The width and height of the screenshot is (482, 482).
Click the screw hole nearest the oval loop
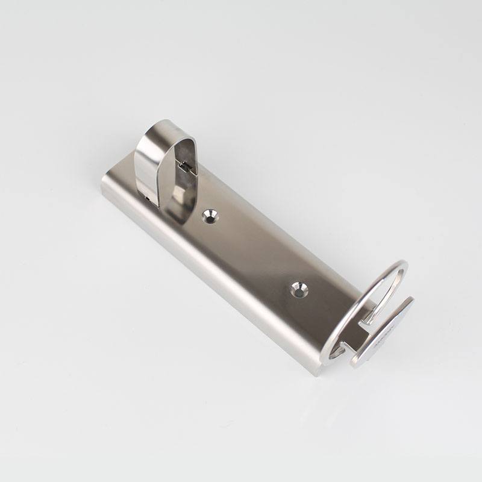(x=210, y=216)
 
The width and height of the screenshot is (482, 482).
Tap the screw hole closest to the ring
(x=297, y=290)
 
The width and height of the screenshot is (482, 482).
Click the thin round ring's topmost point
(x=399, y=262)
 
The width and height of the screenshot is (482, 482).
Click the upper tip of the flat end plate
(x=412, y=299)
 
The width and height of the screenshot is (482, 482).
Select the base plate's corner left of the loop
(x=103, y=184)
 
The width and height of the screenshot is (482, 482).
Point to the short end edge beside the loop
(x=111, y=175)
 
